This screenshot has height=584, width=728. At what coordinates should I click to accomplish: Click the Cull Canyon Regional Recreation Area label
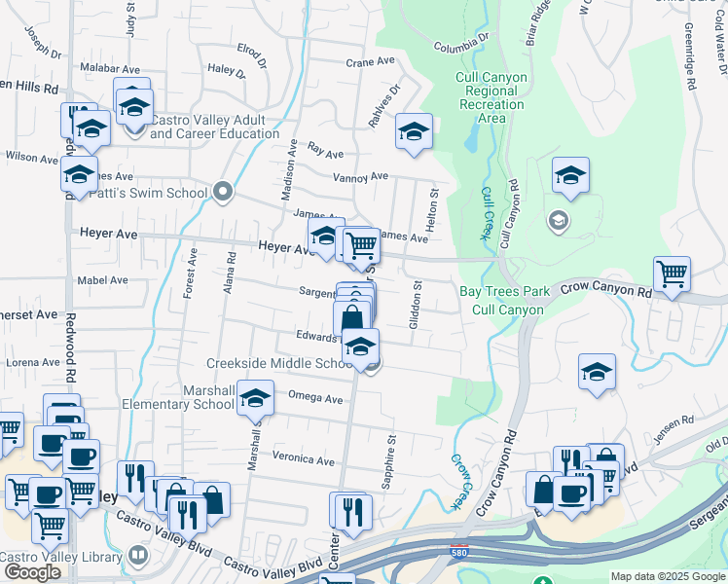491,97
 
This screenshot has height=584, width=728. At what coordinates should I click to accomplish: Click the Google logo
31,572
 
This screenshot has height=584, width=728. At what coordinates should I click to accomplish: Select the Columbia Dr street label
460,47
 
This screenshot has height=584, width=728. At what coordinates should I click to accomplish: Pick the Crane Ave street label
370,61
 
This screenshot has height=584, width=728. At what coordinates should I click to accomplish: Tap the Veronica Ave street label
303,458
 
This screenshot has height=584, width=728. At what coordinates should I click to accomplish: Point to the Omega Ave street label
315,398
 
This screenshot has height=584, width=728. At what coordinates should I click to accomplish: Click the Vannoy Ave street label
360,177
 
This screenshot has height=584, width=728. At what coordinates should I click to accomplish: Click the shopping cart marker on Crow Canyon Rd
672,274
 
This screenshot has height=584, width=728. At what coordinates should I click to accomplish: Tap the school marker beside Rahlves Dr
414,131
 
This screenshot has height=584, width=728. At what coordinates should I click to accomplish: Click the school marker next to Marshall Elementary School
256,400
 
